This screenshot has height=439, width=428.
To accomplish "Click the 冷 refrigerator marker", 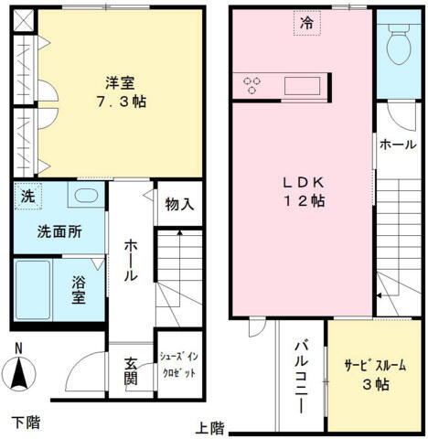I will click(x=307, y=23).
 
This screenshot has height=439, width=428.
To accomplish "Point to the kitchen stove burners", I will click(x=252, y=85).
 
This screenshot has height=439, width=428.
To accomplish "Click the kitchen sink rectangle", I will click(x=301, y=85).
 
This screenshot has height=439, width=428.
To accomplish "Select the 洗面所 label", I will click(x=59, y=231).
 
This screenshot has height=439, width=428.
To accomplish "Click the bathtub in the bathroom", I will click(x=33, y=290).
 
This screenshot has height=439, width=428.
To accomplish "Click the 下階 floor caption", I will click(x=26, y=422).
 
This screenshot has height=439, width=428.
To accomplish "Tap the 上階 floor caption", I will click(x=209, y=427).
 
